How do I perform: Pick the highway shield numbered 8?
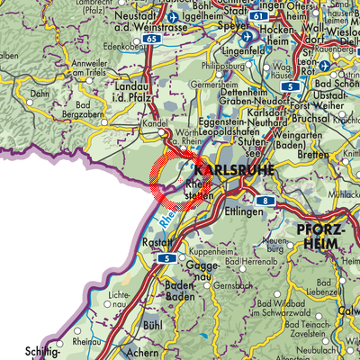tap(266, 201)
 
